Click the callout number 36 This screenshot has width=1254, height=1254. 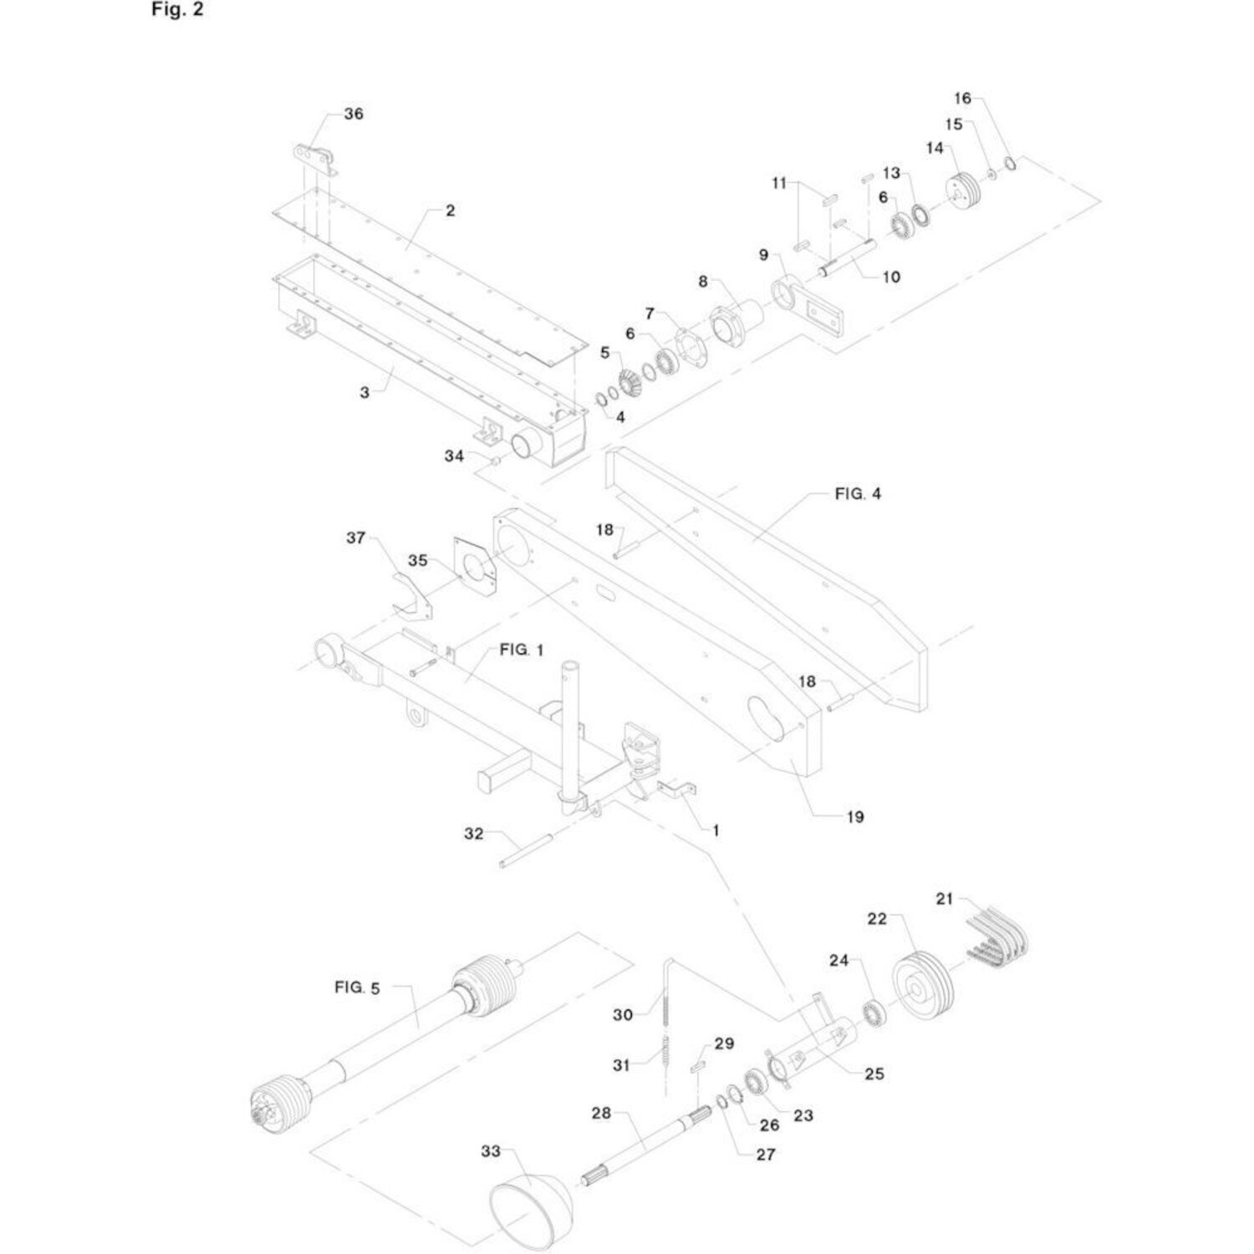tap(354, 114)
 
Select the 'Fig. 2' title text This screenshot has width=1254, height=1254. tap(177, 10)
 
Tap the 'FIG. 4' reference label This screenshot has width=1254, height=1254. tap(858, 494)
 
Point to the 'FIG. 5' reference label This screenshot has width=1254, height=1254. tap(357, 987)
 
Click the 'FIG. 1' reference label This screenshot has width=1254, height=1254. tap(522, 650)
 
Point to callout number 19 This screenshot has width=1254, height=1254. tap(854, 817)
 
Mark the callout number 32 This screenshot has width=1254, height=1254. tap(474, 833)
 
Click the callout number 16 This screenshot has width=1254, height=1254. tap(962, 99)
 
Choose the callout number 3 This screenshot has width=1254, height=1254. tap(364, 391)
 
